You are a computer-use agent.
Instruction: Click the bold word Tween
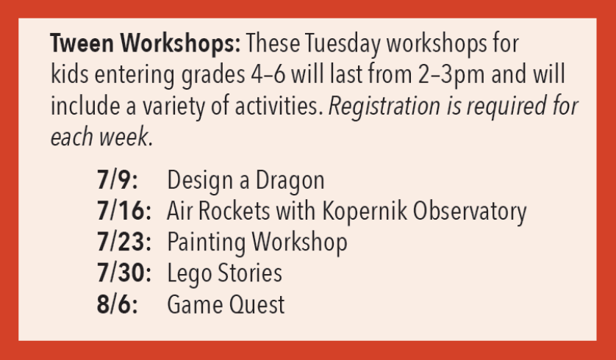[82, 43]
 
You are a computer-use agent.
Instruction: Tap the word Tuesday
[343, 44]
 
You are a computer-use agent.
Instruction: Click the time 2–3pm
[451, 76]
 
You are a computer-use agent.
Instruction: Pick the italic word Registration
[384, 107]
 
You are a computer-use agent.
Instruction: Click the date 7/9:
[118, 180]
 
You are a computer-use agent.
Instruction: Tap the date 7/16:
[124, 211]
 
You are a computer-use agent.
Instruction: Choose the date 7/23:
[124, 242]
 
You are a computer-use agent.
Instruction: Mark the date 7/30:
[124, 273]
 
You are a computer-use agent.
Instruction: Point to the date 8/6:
[118, 304]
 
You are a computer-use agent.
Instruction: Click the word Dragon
[290, 181]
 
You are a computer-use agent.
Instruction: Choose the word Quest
[257, 304]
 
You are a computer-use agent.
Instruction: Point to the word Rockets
[234, 211]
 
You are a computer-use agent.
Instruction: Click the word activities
[279, 106]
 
